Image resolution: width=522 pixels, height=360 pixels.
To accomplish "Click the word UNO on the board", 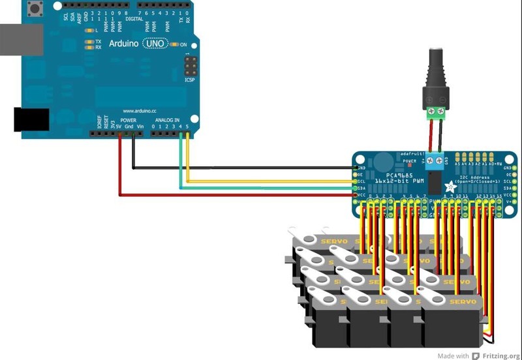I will tap(156, 43).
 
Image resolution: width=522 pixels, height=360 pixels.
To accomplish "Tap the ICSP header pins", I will tap(191, 66).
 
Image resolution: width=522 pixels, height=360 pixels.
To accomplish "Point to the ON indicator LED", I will tap(174, 44).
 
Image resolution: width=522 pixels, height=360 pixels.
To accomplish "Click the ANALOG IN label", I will tap(167, 121).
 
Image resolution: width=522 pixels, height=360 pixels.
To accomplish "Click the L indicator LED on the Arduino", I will tap(89, 30).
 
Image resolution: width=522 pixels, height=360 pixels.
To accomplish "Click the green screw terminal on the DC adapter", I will tap(436, 112).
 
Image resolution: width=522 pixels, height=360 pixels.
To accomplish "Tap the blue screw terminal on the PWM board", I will tap(434, 160).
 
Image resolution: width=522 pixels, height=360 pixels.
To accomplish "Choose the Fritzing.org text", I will tap(499, 355).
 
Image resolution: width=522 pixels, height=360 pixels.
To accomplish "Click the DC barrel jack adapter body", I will tap(436, 75).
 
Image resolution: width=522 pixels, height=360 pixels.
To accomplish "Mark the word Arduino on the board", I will tap(122, 44).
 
